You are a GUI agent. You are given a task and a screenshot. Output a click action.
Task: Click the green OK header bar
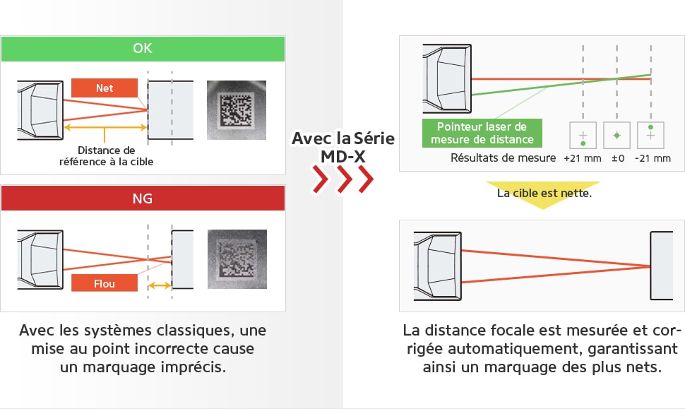[143, 49]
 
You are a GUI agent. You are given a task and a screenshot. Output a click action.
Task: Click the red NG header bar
[143, 198]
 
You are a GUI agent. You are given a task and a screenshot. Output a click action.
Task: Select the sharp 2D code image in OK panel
[236, 110]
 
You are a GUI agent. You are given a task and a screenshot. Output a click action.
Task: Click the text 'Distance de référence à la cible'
[106, 156]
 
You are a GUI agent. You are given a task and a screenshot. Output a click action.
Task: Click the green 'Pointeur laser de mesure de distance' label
[482, 133]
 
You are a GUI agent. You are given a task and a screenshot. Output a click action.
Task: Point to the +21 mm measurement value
[583, 158]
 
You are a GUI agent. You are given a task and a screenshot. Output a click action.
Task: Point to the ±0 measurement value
[617, 158]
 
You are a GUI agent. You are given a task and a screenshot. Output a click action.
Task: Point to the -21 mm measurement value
[652, 158]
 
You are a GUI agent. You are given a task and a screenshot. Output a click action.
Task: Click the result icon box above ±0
[617, 134]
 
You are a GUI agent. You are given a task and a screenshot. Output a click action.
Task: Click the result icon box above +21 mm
[583, 134]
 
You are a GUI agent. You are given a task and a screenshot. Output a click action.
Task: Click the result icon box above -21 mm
[650, 134]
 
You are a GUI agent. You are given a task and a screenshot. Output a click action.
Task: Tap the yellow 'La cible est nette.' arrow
[542, 195]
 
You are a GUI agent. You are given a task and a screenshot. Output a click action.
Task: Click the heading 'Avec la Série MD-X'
[343, 146]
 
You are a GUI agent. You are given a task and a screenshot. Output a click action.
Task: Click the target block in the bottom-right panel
[662, 266]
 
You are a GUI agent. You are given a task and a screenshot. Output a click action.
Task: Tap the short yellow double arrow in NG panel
[160, 286]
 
